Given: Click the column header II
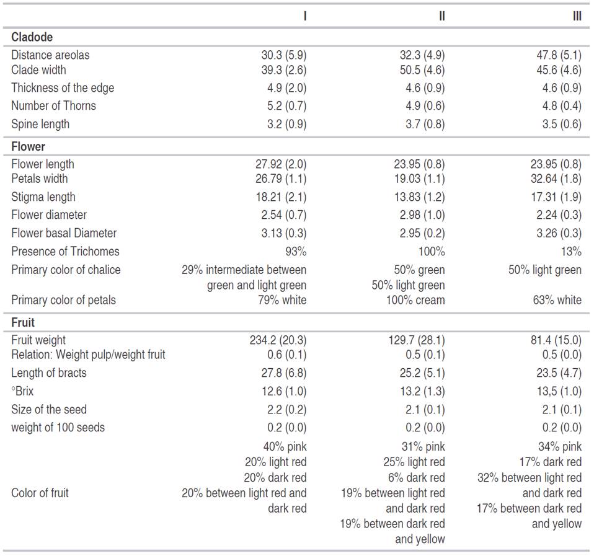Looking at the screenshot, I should point(441,16).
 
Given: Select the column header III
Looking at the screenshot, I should point(577,16).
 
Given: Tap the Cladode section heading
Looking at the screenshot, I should point(32,37).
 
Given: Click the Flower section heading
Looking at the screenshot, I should point(28,147).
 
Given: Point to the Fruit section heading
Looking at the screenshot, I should point(23,323).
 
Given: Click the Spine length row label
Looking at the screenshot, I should point(40,124).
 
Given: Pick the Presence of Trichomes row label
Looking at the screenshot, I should point(65,252).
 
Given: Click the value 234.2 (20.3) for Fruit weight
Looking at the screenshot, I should point(278,340).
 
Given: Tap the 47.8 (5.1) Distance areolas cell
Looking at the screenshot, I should point(559,55).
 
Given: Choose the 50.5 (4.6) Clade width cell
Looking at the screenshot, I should point(422,70).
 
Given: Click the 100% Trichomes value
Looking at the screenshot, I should point(432,252).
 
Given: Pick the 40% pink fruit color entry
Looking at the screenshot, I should point(285,447).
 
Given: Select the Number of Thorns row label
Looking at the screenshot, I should point(53,106).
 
